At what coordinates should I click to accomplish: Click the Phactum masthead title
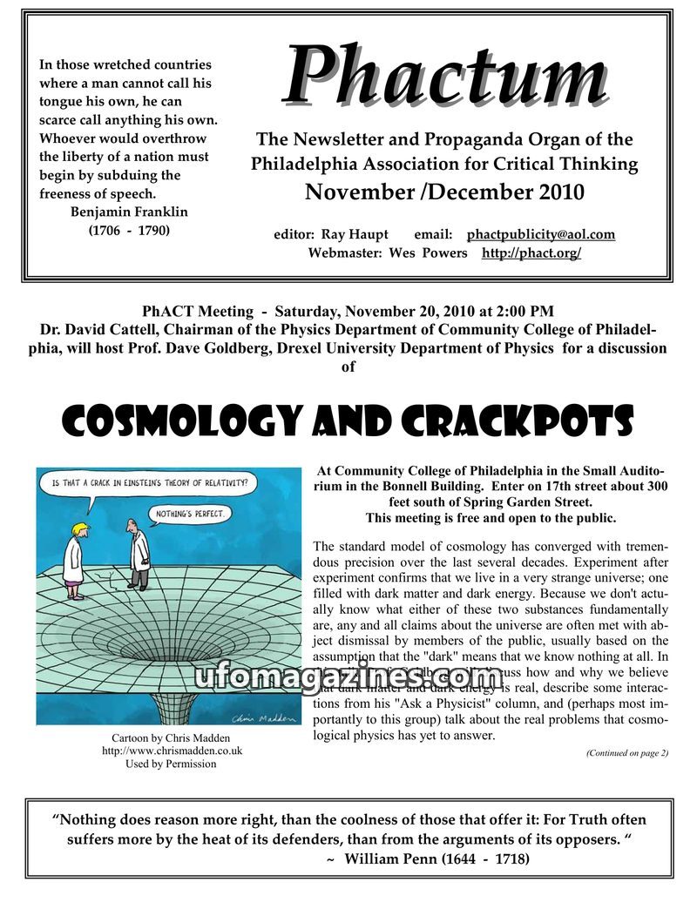[x=444, y=76]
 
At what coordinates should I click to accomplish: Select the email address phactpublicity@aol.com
[x=541, y=234]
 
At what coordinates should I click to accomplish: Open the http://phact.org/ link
[x=531, y=252]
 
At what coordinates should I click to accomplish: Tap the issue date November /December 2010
[x=443, y=192]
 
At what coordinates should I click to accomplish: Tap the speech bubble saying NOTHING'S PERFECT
[x=189, y=514]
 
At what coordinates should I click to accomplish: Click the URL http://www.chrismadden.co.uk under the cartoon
[x=172, y=751]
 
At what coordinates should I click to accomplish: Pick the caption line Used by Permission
[x=172, y=764]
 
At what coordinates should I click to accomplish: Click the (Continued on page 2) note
[x=626, y=752]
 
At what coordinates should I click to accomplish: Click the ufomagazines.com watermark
[x=348, y=676]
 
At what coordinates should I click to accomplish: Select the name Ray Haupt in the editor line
[x=355, y=234]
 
